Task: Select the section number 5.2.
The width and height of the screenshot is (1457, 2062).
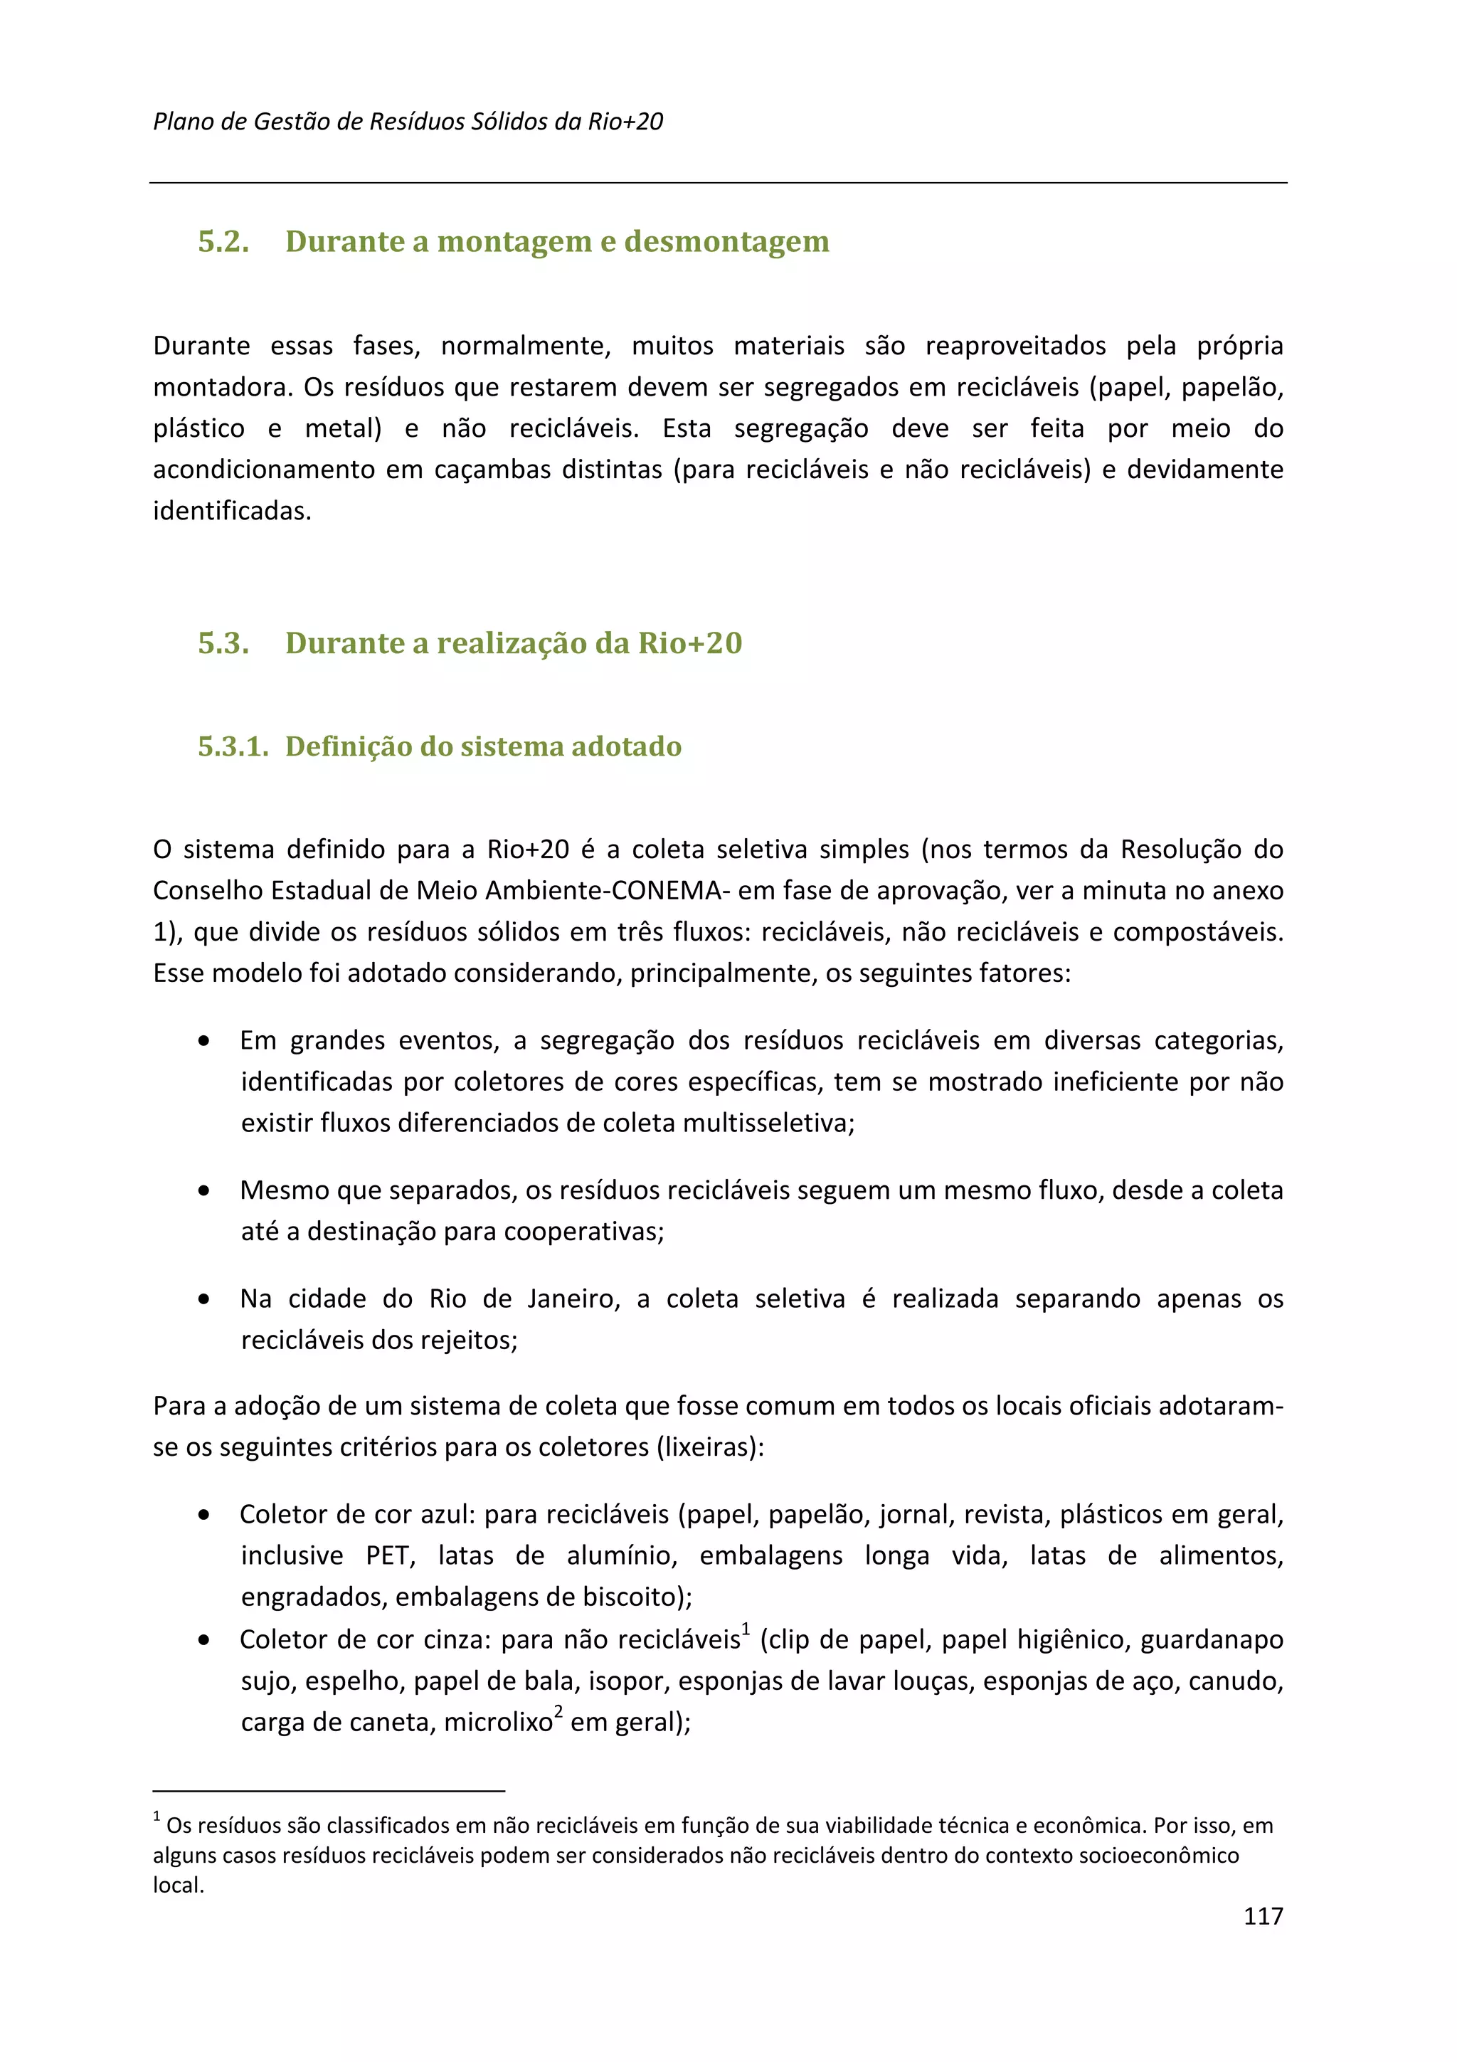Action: (223, 242)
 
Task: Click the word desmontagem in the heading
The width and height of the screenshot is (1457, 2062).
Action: (726, 242)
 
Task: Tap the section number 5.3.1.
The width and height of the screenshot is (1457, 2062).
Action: (233, 746)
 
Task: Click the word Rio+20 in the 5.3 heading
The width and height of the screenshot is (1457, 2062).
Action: (689, 643)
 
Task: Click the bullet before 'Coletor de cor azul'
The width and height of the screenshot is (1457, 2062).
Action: (205, 1515)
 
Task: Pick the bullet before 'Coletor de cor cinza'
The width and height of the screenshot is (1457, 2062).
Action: (205, 1640)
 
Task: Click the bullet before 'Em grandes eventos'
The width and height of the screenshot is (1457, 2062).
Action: (205, 1041)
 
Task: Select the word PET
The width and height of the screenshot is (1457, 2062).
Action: (388, 1555)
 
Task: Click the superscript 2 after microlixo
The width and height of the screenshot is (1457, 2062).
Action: (558, 1711)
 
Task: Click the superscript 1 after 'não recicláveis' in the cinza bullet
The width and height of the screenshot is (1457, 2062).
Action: (746, 1628)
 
